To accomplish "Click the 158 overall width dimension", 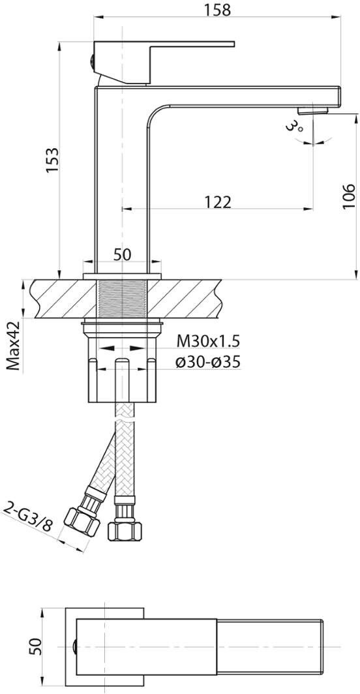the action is click(218, 9).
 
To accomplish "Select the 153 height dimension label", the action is click(53, 160).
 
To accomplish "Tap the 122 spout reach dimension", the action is click(218, 202).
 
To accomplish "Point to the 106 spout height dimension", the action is click(349, 195).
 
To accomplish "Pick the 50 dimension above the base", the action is click(123, 255).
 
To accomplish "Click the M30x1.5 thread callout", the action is click(208, 341).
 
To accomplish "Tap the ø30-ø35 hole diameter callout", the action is click(207, 363).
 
